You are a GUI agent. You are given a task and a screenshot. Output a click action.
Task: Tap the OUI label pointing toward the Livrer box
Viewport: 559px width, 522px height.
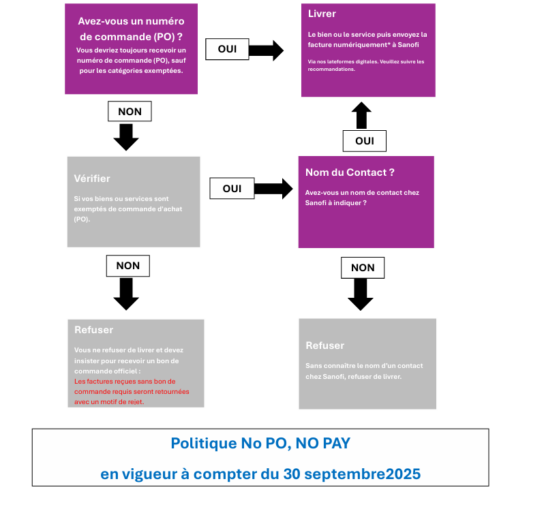pos(227,49)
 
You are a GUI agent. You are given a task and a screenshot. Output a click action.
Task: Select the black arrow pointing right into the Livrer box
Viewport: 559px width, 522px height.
pos(266,50)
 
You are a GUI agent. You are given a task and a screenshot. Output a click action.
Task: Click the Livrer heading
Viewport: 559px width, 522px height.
pos(322,14)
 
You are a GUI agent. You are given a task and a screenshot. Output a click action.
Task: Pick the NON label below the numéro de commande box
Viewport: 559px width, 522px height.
pos(130,111)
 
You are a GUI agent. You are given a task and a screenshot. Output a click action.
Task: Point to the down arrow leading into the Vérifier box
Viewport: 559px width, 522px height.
pos(126,137)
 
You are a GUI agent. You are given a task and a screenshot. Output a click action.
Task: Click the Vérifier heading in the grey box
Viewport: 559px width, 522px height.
pos(91,179)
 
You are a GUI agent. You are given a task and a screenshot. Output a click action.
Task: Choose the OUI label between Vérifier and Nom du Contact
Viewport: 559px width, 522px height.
pos(232,188)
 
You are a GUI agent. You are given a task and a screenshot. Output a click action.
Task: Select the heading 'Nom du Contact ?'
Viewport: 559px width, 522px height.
pos(350,172)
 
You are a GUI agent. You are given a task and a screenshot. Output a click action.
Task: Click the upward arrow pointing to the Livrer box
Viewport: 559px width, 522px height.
pos(362,116)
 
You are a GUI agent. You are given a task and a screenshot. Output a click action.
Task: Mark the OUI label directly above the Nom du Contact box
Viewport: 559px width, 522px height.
pos(364,141)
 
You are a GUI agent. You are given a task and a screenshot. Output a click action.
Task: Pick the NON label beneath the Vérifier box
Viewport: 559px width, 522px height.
pos(127,266)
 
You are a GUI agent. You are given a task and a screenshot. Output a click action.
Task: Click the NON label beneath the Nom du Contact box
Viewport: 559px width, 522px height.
pos(362,268)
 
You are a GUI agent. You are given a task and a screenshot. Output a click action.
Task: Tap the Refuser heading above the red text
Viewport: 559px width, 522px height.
pos(94,330)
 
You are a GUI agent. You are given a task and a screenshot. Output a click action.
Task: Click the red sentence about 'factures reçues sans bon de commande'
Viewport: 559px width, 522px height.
pos(132,392)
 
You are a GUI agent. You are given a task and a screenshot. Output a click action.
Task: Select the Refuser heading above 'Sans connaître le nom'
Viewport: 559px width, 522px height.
pos(324,346)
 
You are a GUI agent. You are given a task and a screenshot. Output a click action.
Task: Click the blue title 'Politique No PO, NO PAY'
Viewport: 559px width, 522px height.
pos(260,444)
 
